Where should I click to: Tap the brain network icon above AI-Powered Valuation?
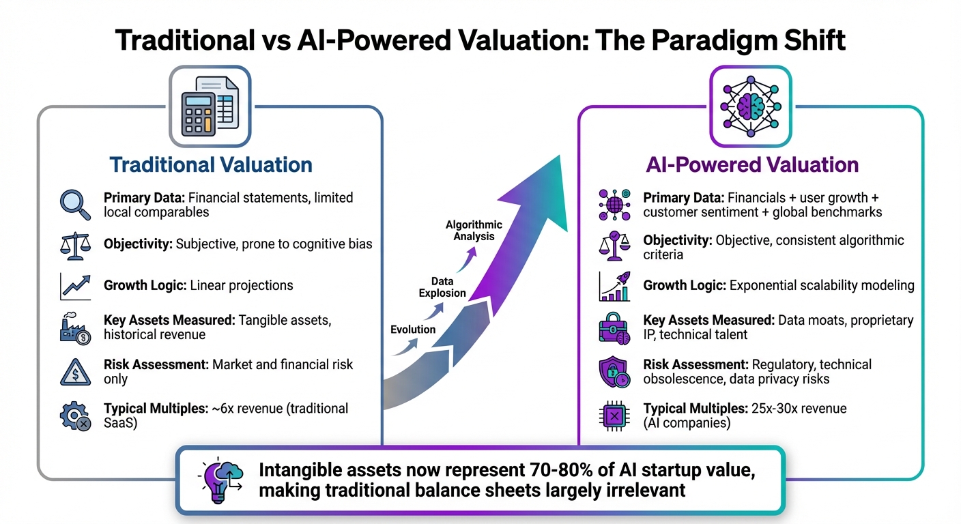click(x=750, y=106)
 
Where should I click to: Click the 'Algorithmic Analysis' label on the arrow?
click(x=474, y=231)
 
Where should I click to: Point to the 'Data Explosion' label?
click(x=443, y=287)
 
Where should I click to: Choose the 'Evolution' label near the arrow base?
click(x=413, y=330)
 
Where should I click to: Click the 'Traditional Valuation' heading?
click(x=211, y=165)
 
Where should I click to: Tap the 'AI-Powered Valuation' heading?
click(x=752, y=165)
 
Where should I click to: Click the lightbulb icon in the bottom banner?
click(x=218, y=480)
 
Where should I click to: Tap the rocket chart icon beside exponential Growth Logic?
click(x=614, y=287)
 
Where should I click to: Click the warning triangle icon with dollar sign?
click(x=75, y=372)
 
